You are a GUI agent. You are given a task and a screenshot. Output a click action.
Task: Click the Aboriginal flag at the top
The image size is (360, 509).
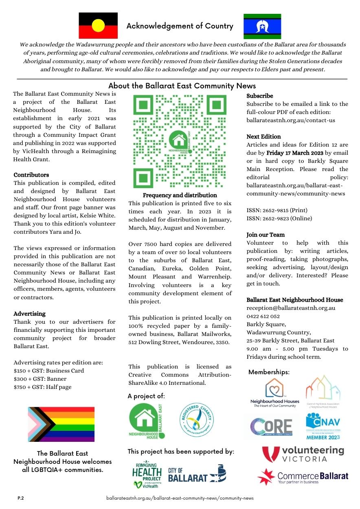[x=98, y=25]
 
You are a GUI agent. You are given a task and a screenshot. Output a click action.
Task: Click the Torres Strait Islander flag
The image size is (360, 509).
[x=262, y=26]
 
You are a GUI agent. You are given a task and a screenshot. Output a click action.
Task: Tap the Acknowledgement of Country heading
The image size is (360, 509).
[x=180, y=26]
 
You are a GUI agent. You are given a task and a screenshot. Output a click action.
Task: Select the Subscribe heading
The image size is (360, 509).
[x=260, y=96]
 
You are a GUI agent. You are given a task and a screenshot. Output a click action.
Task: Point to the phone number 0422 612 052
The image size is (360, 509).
[x=263, y=316]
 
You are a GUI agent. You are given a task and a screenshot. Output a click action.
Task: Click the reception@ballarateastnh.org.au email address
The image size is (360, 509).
[x=291, y=308]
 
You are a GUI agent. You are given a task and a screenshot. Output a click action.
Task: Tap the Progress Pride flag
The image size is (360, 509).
[x=61, y=424]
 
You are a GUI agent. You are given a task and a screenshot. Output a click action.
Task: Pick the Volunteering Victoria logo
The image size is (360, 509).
[x=303, y=454]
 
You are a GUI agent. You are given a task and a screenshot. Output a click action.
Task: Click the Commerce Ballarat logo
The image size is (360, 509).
[x=303, y=477]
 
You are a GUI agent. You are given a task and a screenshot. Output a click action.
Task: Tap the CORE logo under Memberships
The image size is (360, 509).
[x=271, y=426]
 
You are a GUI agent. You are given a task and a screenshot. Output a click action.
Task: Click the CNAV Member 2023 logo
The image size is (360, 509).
[x=323, y=426]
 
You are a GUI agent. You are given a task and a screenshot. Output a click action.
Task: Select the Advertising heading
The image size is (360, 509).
[x=30, y=314]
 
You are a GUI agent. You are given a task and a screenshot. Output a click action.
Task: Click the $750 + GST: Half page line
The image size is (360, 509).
[x=42, y=387]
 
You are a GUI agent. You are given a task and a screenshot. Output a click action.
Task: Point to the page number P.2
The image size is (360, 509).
[x=20, y=498]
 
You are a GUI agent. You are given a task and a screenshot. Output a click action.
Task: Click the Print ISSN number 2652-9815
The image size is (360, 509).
[x=277, y=211]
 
